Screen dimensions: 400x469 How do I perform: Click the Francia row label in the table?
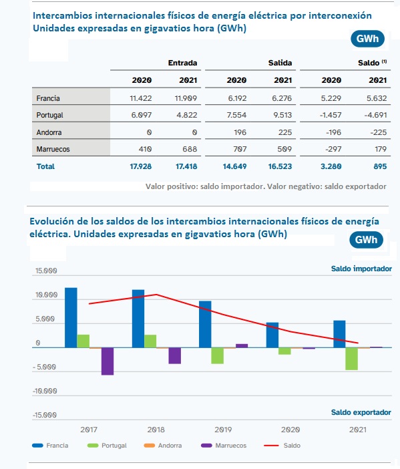point(48,98)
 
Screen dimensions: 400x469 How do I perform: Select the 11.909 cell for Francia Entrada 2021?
point(186,98)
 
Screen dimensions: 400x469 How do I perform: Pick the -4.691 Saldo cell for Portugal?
point(375,115)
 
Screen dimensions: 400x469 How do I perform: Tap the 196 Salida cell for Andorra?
point(240,132)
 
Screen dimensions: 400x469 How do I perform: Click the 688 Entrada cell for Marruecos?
point(190,149)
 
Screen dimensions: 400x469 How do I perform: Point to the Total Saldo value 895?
point(380,166)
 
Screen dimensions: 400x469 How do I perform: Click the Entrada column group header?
point(182,63)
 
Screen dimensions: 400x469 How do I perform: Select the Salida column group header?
point(280,63)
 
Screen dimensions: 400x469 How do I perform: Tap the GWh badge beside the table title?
point(367,39)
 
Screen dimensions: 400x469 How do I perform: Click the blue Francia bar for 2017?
point(71,317)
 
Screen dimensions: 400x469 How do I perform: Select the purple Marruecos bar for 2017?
point(108,361)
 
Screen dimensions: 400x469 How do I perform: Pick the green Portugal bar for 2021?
point(351,359)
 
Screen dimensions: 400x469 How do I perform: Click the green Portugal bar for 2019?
point(217,355)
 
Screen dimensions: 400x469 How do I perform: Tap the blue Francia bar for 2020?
point(272,335)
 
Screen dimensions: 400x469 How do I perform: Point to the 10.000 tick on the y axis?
point(46,295)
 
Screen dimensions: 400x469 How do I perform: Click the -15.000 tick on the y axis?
point(45,415)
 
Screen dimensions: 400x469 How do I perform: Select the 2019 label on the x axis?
point(223,430)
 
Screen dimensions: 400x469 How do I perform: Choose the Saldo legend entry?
point(282,446)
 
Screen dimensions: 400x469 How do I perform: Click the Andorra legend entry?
point(163,446)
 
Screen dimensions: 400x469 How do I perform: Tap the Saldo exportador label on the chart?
point(361,412)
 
